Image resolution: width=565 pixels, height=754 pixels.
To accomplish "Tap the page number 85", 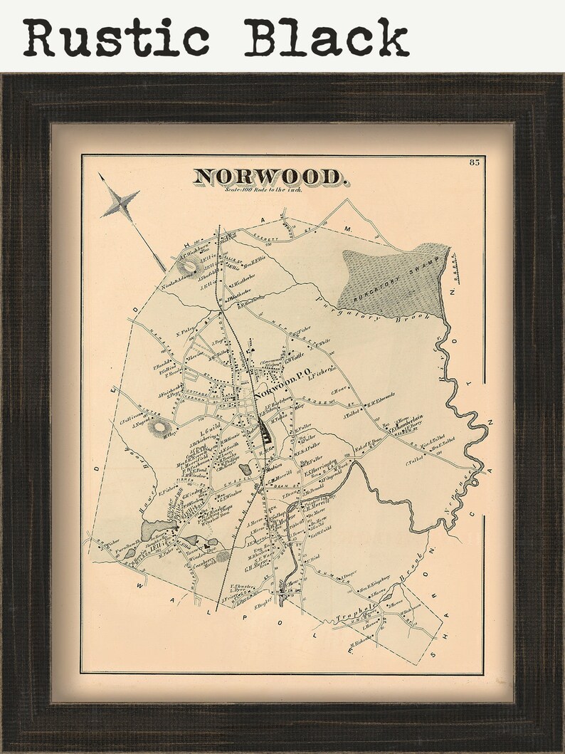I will (x=475, y=163).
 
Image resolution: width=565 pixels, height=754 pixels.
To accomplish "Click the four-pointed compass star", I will (x=121, y=203).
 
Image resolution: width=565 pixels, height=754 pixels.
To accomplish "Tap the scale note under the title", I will (x=263, y=191).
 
